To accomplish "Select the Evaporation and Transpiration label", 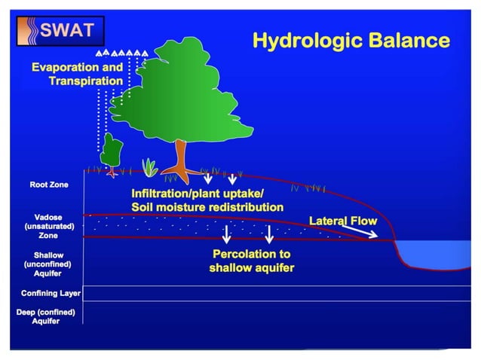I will (77, 74).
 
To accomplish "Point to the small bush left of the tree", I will (112, 151).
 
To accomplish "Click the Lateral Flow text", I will (343, 221).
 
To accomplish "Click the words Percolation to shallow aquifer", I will (251, 261).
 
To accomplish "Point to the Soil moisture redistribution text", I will (207, 206).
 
